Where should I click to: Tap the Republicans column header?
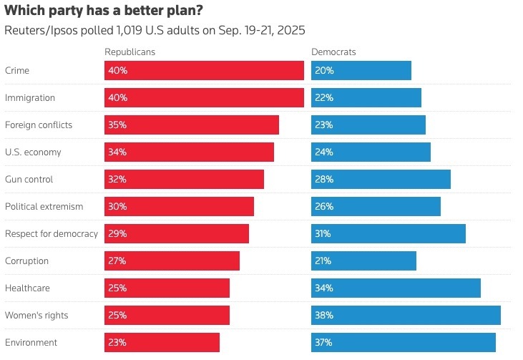(129, 52)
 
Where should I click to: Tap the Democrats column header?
(333, 52)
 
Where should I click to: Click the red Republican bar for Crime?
(204, 70)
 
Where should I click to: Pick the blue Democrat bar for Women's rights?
(406, 315)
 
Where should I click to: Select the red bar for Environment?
(162, 342)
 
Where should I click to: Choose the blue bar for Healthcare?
(396, 288)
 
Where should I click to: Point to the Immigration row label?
(30, 97)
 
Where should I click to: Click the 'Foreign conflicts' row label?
(39, 125)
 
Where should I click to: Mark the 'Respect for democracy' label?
(52, 233)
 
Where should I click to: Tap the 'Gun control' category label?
(29, 179)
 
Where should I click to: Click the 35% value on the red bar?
(117, 125)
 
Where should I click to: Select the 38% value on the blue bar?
(323, 315)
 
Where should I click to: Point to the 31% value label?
(323, 233)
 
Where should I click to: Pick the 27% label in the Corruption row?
(117, 261)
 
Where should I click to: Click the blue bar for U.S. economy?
(371, 152)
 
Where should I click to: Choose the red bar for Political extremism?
(179, 206)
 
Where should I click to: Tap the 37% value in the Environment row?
(323, 342)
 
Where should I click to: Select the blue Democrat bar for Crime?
(361, 70)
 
